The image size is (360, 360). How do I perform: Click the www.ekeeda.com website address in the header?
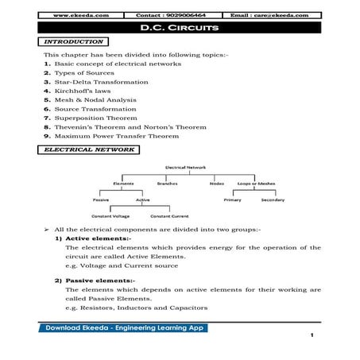tap(75, 14)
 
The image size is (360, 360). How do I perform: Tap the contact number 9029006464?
tap(174, 14)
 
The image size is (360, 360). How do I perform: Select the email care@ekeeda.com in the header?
tap(277, 14)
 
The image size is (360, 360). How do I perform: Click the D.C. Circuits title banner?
tap(180, 28)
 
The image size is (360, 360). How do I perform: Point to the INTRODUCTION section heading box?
tap(74, 41)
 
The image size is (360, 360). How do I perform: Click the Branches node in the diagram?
tap(167, 184)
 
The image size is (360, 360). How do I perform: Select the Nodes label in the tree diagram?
tap(216, 184)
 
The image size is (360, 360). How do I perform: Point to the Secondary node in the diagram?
tap(273, 200)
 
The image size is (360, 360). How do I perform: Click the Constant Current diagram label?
tap(168, 217)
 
